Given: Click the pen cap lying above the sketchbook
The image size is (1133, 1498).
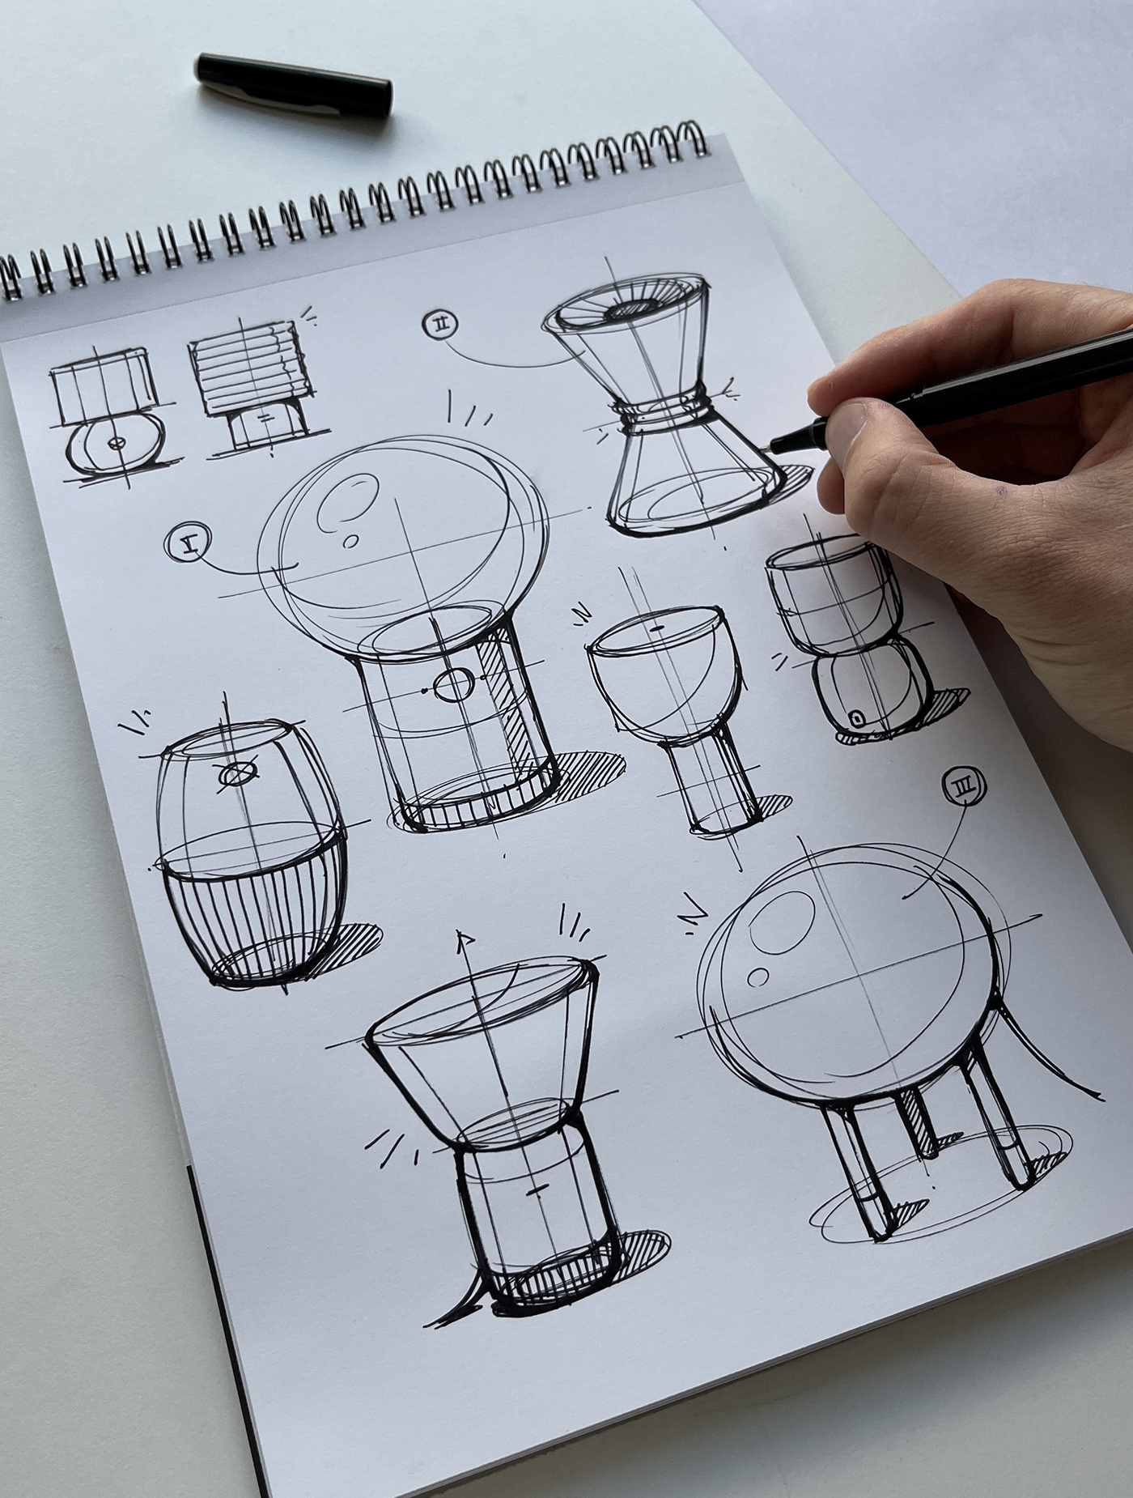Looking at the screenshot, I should coord(293,83).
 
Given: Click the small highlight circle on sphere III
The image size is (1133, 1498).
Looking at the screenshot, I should coord(758,978).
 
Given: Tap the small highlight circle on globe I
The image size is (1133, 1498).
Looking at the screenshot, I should coord(351,541).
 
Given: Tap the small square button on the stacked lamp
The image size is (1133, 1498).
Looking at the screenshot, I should coord(855,717).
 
